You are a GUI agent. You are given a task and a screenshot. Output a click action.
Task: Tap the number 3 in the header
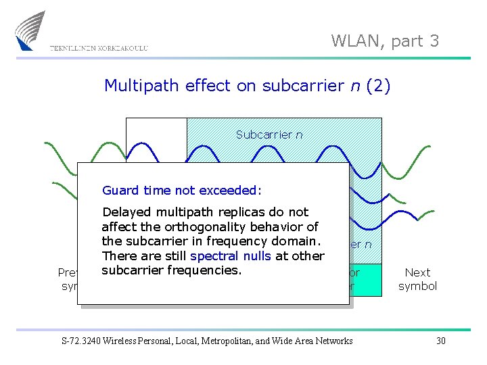point(434,41)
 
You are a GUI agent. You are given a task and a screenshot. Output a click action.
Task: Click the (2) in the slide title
point(377,86)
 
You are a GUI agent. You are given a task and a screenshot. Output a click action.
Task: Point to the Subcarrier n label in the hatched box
point(269,135)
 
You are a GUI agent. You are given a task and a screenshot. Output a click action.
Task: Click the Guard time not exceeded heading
point(181,191)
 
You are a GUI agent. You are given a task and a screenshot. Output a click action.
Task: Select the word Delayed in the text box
point(124,212)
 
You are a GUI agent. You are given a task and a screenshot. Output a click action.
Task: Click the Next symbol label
point(417,279)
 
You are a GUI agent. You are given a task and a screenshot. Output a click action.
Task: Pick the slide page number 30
point(440,341)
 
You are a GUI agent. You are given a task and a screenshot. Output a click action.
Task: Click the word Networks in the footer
point(332,341)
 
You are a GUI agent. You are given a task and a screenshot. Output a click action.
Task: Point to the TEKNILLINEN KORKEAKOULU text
point(98,48)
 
